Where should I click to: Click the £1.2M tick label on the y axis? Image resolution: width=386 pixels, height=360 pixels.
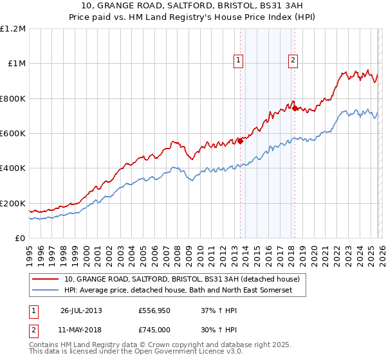coord(14,29)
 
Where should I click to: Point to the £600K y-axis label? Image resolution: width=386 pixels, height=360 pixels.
coord(13,134)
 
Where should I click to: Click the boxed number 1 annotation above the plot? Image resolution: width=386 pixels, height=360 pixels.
coord(239,61)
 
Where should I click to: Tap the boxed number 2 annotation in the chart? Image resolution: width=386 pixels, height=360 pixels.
coord(293,61)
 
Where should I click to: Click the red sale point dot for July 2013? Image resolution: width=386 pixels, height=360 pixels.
coord(240,141)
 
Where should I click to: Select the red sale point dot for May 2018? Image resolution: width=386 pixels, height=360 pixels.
coord(295,108)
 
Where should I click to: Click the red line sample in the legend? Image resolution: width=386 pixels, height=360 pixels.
coord(46,280)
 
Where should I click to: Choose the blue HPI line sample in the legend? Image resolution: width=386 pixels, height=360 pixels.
coord(46,291)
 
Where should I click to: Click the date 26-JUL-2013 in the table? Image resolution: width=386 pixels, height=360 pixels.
coord(81,310)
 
